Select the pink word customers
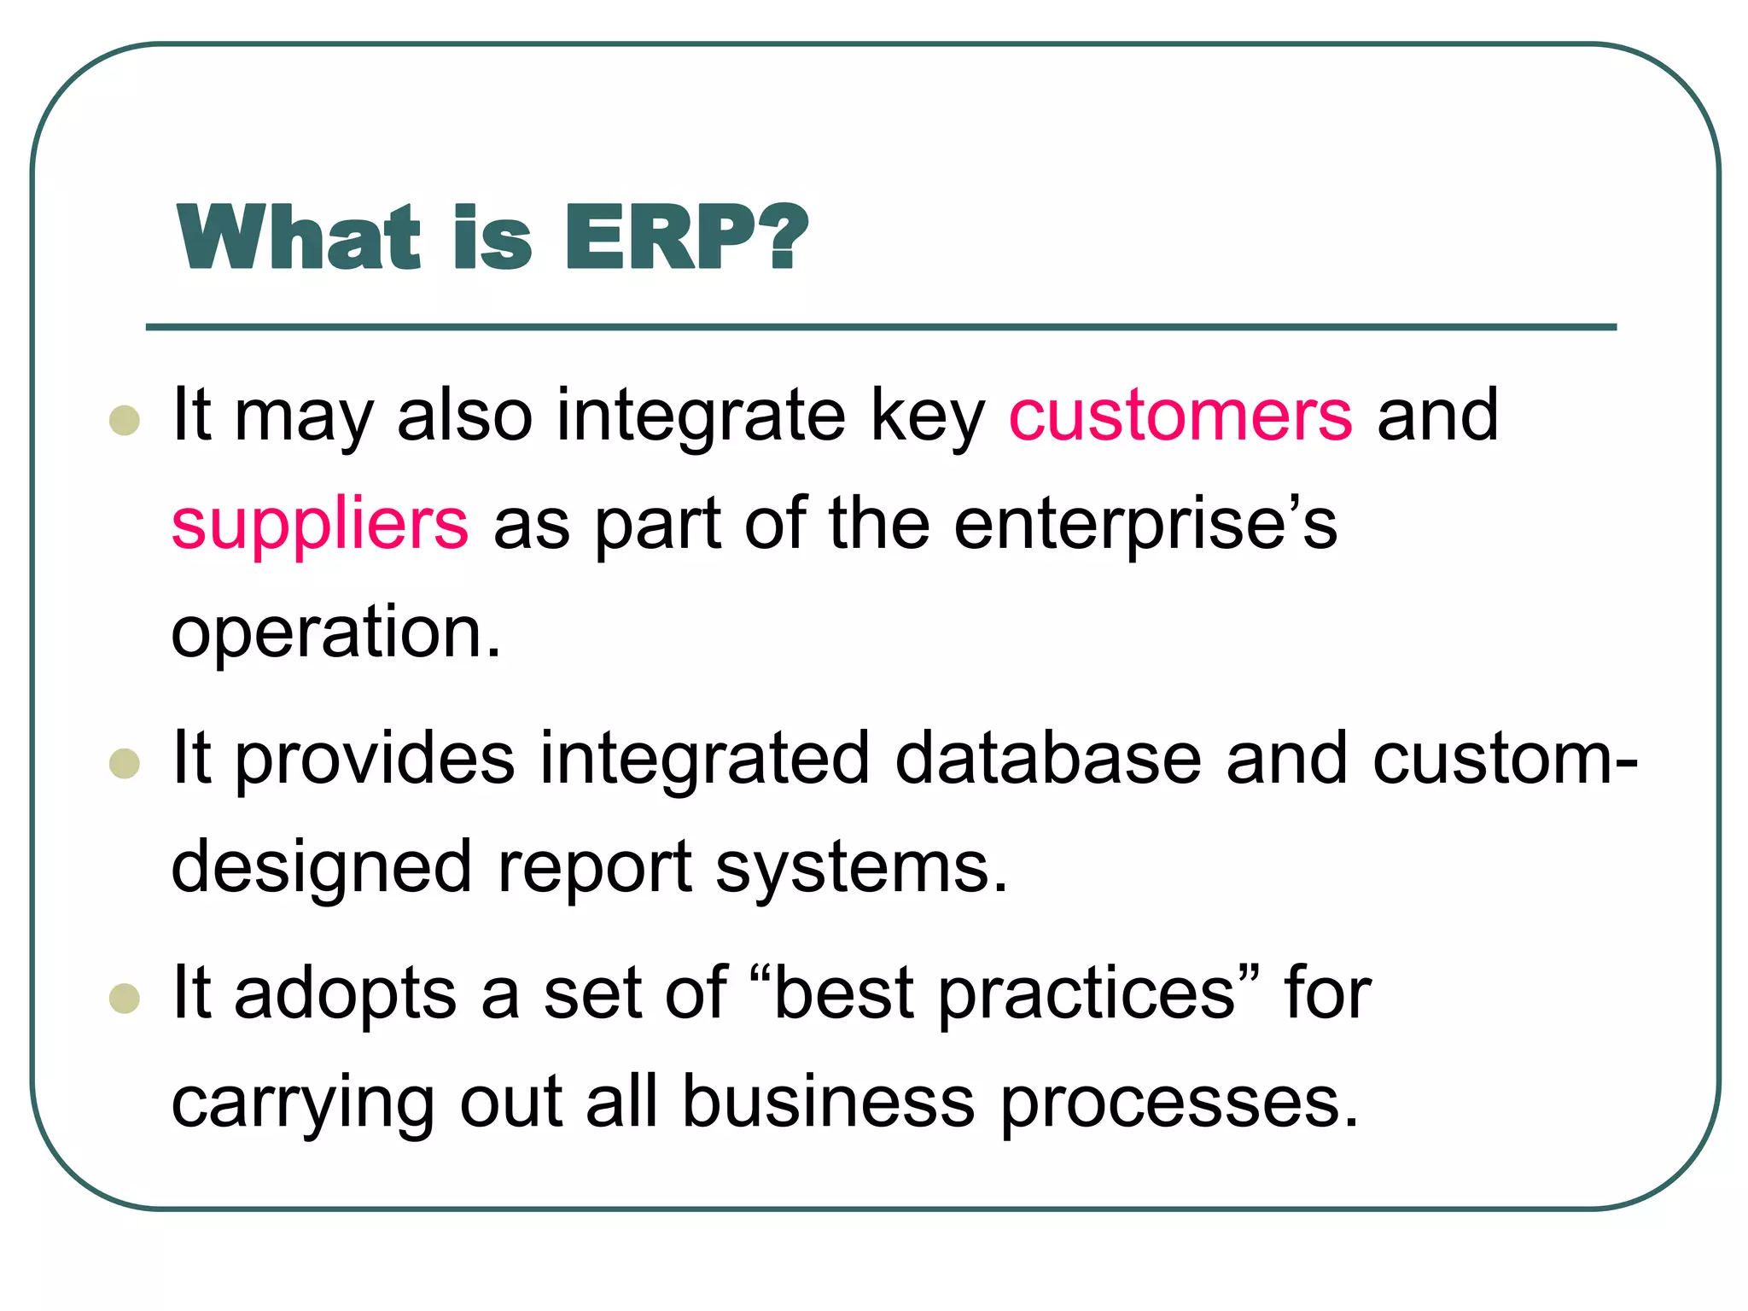coord(1180,415)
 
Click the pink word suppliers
coord(320,525)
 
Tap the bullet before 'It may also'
coord(125,420)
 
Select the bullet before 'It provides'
coord(125,764)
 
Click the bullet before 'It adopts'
coord(125,998)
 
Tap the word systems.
coord(862,868)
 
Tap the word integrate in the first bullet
coord(701,415)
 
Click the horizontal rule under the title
coord(881,327)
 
